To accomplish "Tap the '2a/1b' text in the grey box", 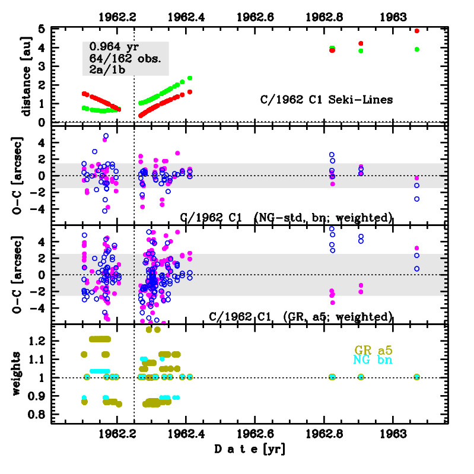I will pos(107,69).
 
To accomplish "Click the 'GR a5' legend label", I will pos(373,349).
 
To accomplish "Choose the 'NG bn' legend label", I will pos(373,360).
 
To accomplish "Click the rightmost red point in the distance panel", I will pos(417,31).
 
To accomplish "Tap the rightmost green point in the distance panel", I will pos(417,49).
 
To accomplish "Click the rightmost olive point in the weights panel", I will pos(417,377).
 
